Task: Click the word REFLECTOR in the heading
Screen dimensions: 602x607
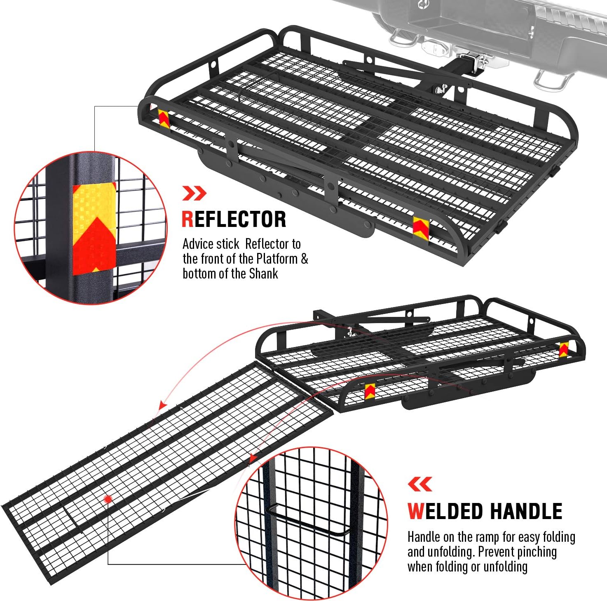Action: click(234, 219)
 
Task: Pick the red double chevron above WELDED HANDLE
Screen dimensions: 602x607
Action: click(420, 484)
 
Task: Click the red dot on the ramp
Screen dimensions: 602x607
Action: click(108, 499)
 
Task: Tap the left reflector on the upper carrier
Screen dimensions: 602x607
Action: click(164, 118)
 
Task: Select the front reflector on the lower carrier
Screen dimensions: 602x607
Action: click(370, 391)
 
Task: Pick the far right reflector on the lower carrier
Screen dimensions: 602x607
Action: click(563, 349)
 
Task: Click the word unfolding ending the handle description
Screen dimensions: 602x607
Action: click(505, 567)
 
